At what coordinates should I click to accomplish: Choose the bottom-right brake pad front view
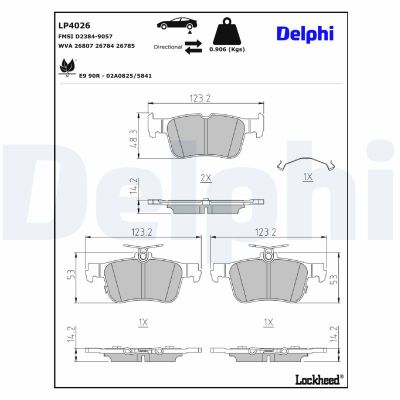(x=267, y=275)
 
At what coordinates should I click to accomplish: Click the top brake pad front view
(x=205, y=135)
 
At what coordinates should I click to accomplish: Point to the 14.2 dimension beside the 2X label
(x=134, y=188)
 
